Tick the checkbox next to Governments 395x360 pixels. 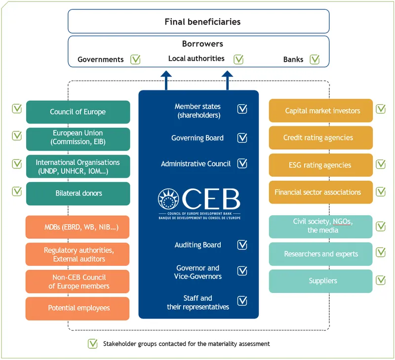pos(136,59)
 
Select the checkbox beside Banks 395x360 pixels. pos(315,59)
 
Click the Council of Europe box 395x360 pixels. pos(78,112)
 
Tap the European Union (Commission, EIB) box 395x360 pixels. pos(78,138)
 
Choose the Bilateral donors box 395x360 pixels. pos(78,193)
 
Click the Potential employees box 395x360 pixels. pos(78,308)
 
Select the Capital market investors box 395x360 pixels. pos(321,111)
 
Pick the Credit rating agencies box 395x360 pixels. pos(321,138)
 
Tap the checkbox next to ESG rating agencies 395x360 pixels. pos(381,164)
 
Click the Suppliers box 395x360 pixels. pos(321,281)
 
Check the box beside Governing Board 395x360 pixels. pos(242,138)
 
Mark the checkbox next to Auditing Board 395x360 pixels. pos(242,245)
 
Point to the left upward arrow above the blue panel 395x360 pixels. pos(166,80)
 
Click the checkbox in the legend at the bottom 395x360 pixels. pos(92,344)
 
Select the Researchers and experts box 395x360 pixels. pos(321,254)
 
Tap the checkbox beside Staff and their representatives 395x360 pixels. pos(242,301)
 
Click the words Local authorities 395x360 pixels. pos(196,59)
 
